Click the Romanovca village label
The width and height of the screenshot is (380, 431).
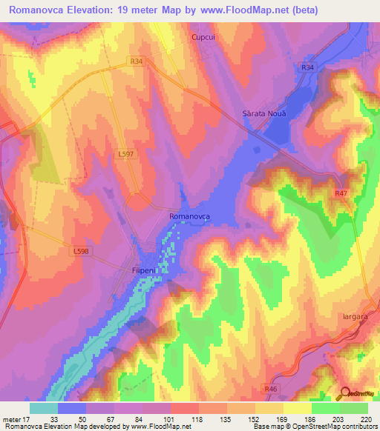click(190, 215)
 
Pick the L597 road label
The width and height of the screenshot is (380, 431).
click(126, 153)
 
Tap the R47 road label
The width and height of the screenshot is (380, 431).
click(341, 193)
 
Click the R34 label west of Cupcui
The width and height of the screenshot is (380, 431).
click(135, 62)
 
